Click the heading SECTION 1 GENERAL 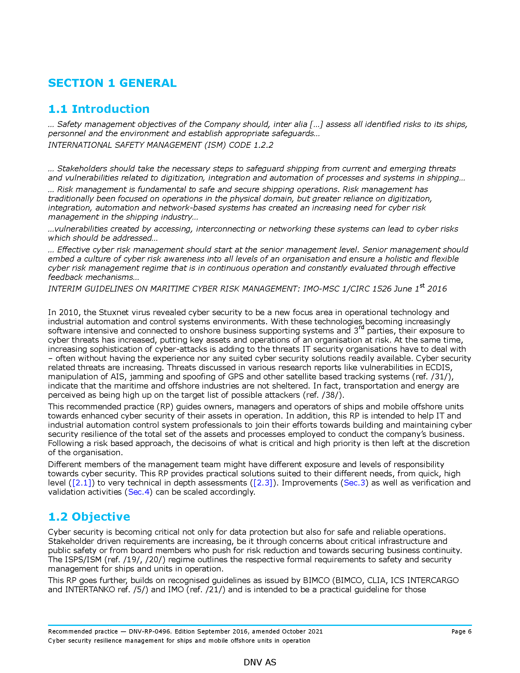(112, 83)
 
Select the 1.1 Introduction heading (98, 109)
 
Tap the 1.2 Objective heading (89, 517)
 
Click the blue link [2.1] (82, 483)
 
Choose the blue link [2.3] (263, 483)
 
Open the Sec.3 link (354, 483)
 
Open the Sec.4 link (139, 492)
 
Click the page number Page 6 (461, 632)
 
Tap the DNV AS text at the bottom (260, 662)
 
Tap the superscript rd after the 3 (361, 327)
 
